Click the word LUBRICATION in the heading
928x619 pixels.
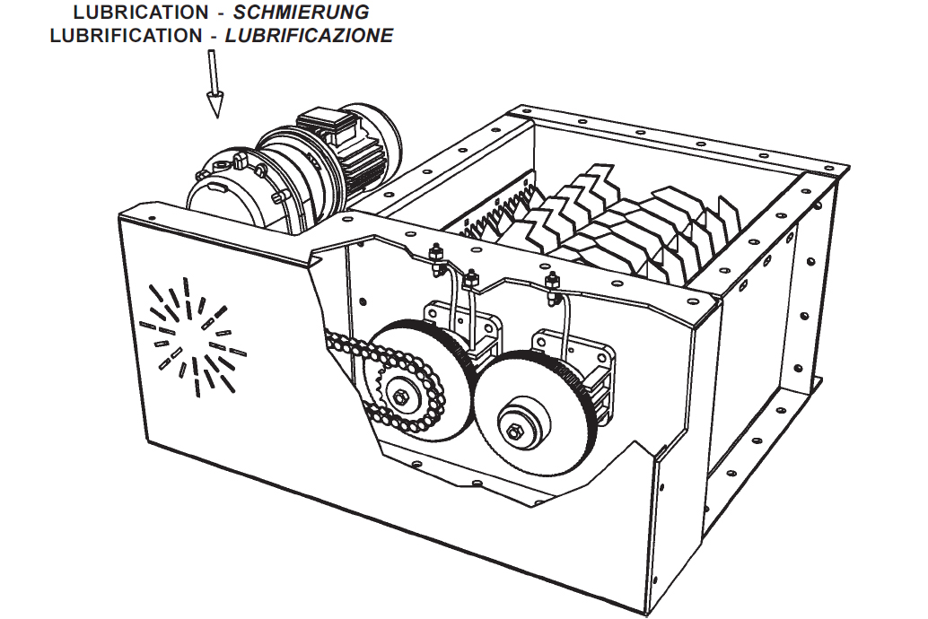tap(140, 13)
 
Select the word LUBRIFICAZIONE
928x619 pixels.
tap(309, 36)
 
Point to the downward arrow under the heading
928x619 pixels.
tap(214, 85)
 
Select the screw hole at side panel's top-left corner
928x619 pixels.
tap(151, 218)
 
